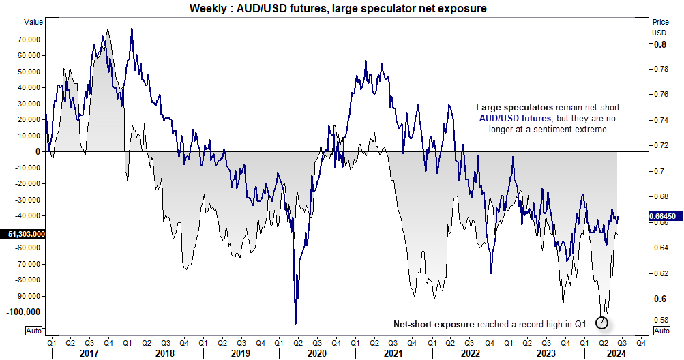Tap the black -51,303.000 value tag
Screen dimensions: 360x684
click(x=24, y=234)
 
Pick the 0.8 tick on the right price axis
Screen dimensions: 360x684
click(x=659, y=44)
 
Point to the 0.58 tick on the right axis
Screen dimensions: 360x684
click(x=661, y=319)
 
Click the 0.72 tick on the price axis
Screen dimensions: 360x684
click(x=661, y=146)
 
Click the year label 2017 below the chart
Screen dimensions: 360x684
click(x=89, y=353)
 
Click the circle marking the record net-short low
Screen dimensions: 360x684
click(x=602, y=322)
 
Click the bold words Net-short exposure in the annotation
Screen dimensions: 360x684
click(x=433, y=324)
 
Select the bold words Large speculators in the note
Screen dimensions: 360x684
click(x=515, y=108)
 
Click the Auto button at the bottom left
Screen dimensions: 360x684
click(x=33, y=331)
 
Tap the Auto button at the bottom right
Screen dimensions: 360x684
click(x=661, y=331)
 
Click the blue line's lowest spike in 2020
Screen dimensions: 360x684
click(x=295, y=323)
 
